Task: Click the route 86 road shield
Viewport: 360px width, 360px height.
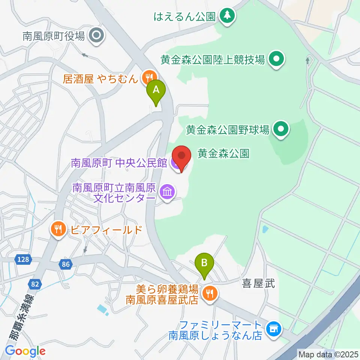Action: coord(66,264)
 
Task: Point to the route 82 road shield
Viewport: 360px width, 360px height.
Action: coord(35,284)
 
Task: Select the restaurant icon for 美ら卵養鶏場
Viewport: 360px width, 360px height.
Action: coord(208,293)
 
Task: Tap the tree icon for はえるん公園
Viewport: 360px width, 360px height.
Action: coord(227,15)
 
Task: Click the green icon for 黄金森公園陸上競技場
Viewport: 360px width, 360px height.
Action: coord(277,59)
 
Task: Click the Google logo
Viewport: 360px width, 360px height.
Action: coord(25,351)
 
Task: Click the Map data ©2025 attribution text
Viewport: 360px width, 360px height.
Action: coord(328,354)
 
